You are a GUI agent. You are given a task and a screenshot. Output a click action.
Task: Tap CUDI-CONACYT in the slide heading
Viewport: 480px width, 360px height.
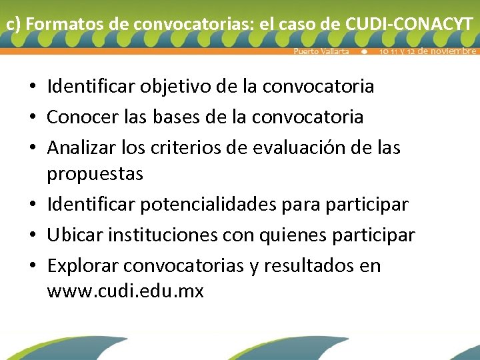(x=409, y=25)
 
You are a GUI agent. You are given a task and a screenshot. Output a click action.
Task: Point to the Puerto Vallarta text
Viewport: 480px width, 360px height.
(x=321, y=51)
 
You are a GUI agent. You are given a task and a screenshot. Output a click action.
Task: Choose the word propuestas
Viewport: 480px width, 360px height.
(x=95, y=175)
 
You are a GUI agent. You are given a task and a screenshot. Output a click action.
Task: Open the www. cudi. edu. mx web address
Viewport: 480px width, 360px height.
(x=125, y=291)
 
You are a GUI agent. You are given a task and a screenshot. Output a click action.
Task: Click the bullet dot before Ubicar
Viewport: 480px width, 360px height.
(x=32, y=236)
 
